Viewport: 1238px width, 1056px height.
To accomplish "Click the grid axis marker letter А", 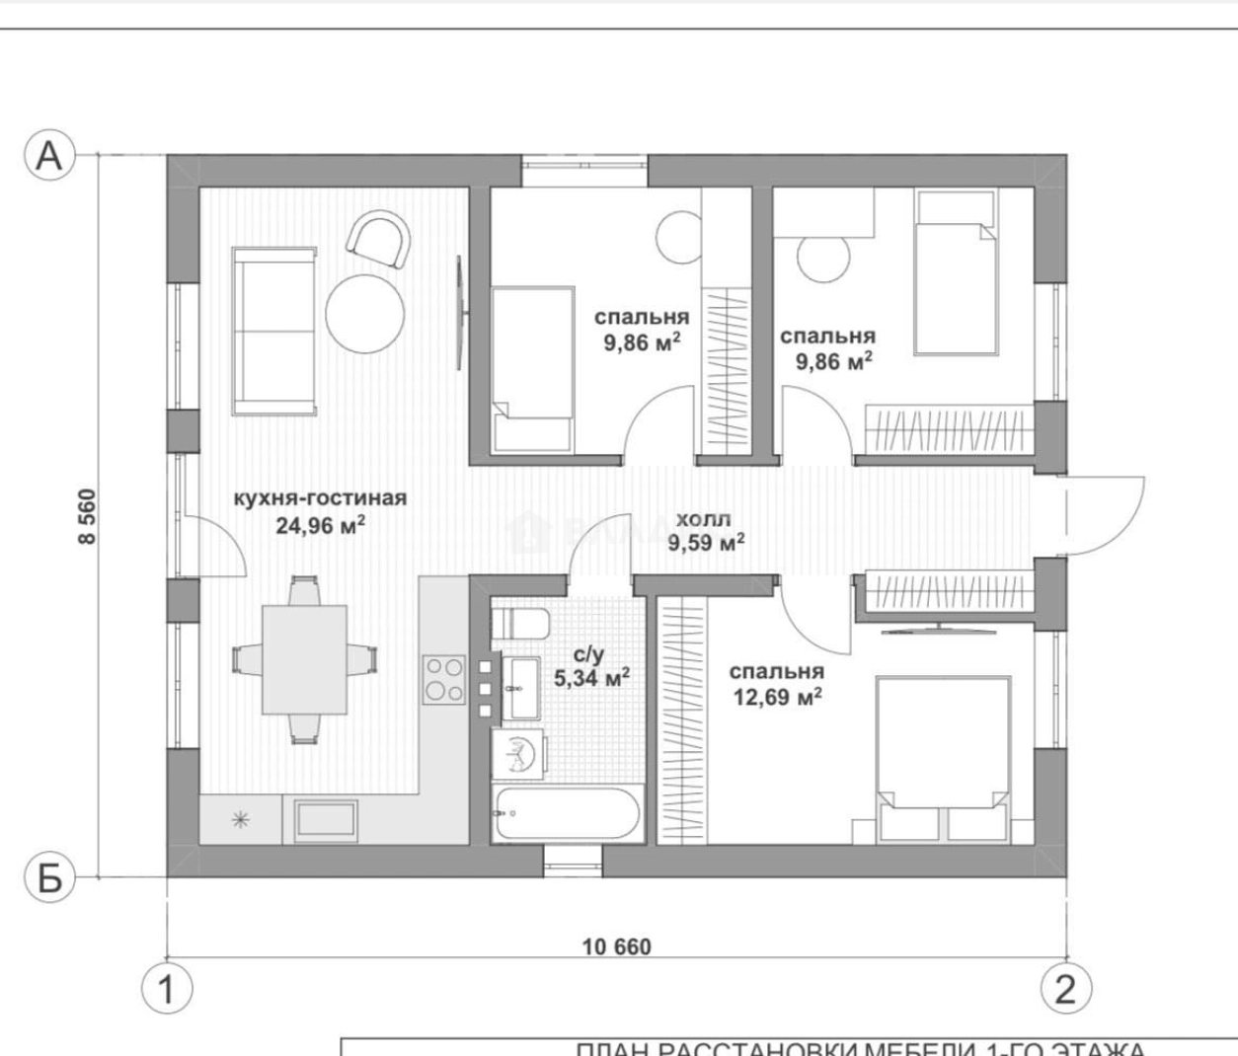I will tap(49, 155).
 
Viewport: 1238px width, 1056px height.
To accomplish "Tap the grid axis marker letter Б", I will tap(49, 876).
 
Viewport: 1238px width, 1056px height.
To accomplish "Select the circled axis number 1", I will tap(166, 988).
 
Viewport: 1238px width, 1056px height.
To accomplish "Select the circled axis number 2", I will tap(1065, 988).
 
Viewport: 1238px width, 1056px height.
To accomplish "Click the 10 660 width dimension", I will tap(616, 947).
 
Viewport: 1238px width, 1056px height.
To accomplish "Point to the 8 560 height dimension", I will tap(88, 515).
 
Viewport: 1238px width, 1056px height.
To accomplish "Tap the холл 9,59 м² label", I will tap(705, 531).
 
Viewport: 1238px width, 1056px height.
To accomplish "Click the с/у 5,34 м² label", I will tap(591, 666).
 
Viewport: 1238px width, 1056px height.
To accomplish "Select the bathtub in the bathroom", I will tap(567, 814).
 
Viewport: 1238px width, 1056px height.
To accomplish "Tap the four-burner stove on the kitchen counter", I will tap(444, 679).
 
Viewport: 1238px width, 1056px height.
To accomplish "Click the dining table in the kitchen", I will tap(304, 659).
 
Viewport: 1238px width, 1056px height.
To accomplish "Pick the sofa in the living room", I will tap(274, 331).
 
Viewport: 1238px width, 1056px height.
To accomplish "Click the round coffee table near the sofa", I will tap(364, 314).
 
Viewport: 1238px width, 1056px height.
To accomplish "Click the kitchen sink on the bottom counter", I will tap(326, 821).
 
